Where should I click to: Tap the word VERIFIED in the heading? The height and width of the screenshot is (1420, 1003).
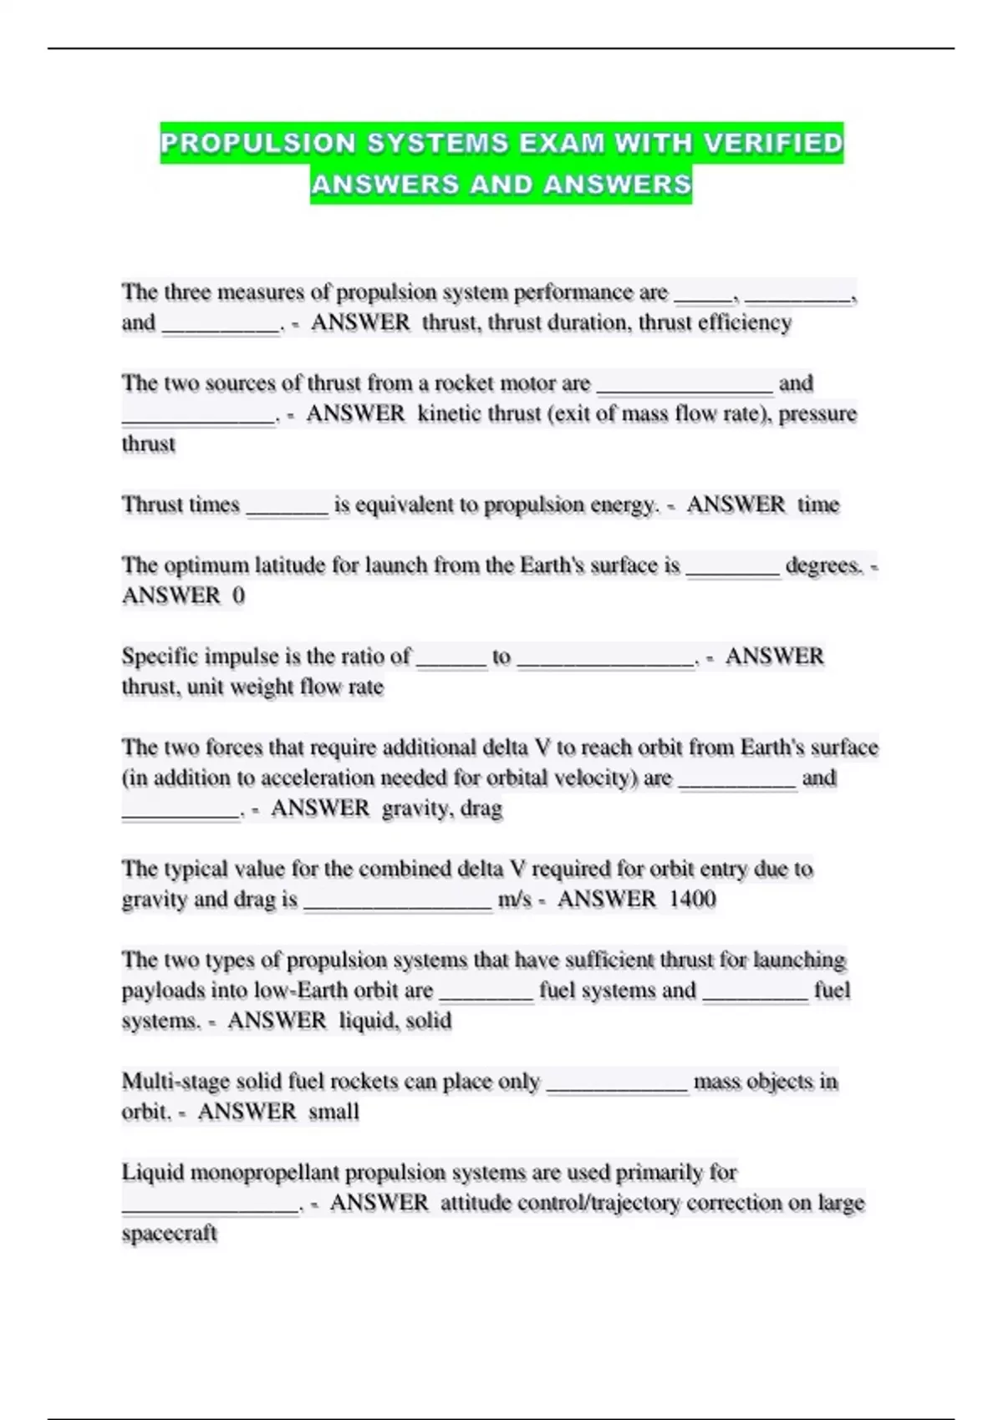(773, 143)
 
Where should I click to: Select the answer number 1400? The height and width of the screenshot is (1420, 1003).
(693, 899)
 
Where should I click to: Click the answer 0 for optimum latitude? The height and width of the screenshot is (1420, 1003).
(238, 596)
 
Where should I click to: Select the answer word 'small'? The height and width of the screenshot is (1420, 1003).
(333, 1112)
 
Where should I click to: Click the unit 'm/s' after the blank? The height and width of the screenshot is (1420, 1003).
(514, 900)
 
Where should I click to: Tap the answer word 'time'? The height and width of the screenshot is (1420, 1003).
(817, 505)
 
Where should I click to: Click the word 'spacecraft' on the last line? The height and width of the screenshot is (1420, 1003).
(170, 1234)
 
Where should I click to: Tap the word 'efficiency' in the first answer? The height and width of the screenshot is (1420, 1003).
(745, 322)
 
